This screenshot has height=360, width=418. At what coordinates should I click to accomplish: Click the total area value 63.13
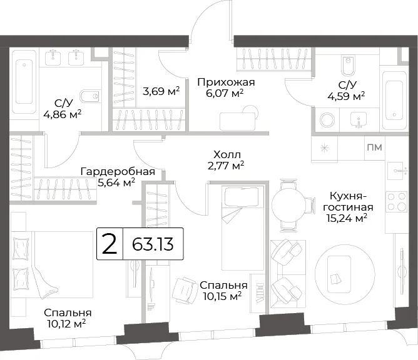tap(153, 244)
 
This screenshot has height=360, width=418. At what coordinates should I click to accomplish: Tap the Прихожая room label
tap(226, 82)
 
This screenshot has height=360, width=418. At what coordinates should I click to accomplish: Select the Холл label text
tap(227, 154)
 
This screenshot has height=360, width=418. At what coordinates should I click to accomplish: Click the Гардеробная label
tap(118, 172)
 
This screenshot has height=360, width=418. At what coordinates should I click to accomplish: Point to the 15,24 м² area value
tap(347, 218)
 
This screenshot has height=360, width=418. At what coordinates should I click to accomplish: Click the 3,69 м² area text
tap(161, 92)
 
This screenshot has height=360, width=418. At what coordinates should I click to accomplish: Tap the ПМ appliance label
tap(375, 147)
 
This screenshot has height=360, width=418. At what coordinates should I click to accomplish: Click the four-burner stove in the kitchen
tap(396, 202)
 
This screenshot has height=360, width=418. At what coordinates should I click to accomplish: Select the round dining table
tap(289, 206)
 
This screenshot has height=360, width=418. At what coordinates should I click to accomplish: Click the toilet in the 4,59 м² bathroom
tap(348, 66)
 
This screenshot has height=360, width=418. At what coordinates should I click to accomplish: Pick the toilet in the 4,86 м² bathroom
tap(90, 96)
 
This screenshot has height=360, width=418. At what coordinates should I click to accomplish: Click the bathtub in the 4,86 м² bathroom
tap(24, 82)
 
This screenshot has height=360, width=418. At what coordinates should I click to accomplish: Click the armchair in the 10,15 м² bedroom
tap(184, 291)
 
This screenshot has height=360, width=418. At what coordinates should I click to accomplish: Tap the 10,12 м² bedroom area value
tap(66, 324)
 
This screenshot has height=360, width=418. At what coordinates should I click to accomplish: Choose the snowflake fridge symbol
tap(324, 148)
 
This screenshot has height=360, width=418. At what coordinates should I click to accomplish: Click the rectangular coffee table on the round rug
tap(339, 274)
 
